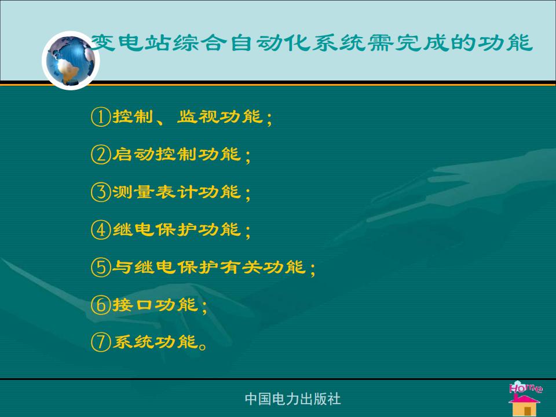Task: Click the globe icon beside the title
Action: coord(71,60)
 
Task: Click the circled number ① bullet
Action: coord(101,116)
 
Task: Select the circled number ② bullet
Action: coord(101,154)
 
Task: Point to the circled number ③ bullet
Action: coord(101,192)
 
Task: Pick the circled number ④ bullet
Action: coord(101,229)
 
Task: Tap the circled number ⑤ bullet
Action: coord(101,267)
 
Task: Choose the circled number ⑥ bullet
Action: coord(101,305)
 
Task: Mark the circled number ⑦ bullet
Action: coord(101,342)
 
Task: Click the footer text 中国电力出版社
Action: coord(293,399)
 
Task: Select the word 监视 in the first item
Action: coord(198,116)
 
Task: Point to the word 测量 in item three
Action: coord(134,192)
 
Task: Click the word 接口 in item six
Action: coord(134,305)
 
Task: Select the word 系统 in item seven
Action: coord(134,342)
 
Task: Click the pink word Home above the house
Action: coord(525,387)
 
